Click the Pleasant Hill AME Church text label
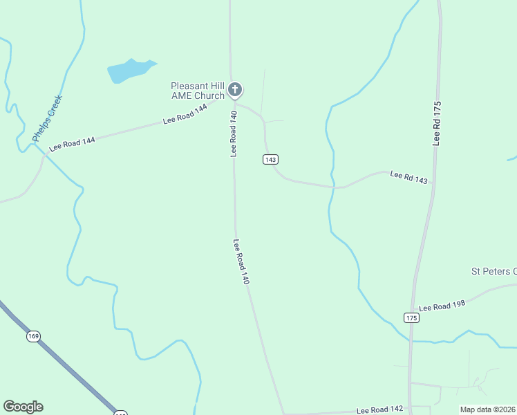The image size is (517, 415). click(198, 91)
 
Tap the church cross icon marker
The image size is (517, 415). click(235, 89)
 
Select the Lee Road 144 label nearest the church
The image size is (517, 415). click(185, 114)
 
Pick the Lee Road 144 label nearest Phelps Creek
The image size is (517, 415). click(72, 144)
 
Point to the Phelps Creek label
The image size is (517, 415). click(47, 119)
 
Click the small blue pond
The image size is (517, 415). click(128, 70)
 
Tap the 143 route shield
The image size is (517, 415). click(270, 159)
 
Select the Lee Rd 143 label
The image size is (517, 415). click(409, 178)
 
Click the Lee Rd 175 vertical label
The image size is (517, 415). click(437, 123)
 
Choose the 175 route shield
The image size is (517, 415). click(411, 317)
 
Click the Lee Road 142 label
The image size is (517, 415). click(379, 409)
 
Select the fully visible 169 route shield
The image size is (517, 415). click(34, 336)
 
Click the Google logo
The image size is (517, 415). click(23, 407)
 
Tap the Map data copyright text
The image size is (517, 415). click(487, 409)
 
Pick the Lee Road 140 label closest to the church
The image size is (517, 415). click(234, 133)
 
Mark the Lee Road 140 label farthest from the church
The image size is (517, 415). click(241, 262)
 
